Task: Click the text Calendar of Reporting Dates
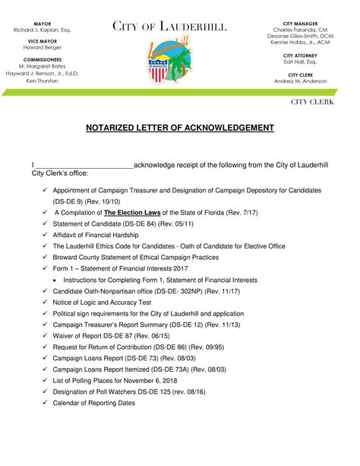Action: click(x=93, y=403)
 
